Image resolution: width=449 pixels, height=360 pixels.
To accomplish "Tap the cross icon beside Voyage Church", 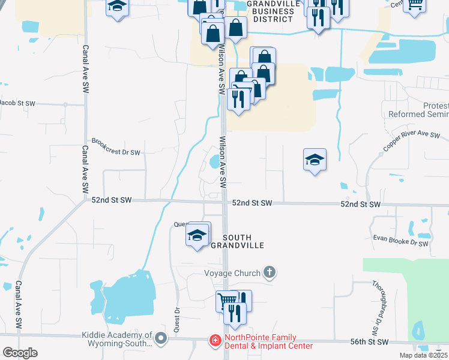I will (270, 273).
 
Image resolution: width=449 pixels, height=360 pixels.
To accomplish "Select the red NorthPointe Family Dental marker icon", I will (214, 341).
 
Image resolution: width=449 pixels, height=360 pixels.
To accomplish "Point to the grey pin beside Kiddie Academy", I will (160, 339).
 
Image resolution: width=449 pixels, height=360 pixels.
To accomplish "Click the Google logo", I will (20, 352).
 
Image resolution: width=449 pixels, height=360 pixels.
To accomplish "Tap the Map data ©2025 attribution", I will (423, 355).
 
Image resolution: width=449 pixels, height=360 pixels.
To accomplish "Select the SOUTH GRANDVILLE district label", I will (244, 241).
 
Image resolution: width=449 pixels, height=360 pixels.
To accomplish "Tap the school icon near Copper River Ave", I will (315, 160).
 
